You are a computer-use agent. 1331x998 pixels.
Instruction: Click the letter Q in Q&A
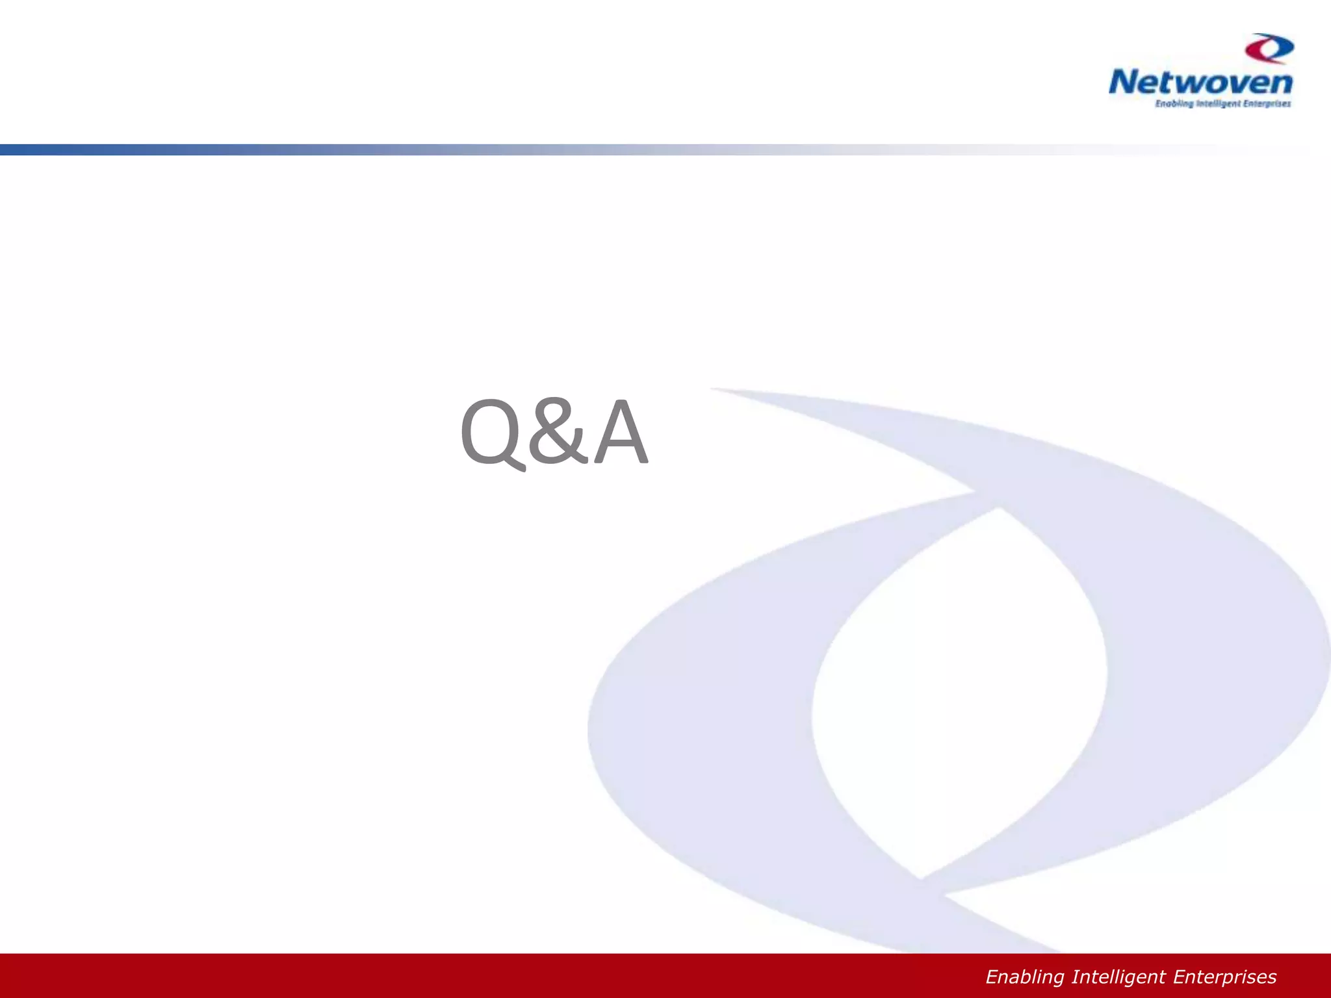click(x=491, y=432)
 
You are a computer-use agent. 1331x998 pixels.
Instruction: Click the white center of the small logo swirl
click(x=1271, y=49)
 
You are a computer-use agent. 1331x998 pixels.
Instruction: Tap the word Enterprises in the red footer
click(x=1224, y=977)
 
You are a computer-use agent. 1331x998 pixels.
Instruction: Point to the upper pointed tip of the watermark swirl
click(x=715, y=389)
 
